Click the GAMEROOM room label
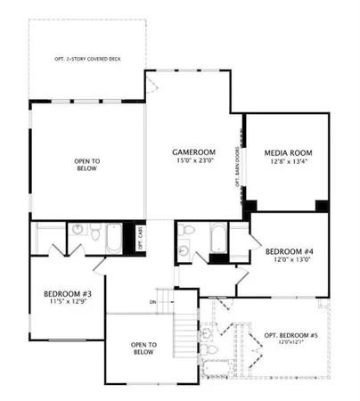[x=192, y=153]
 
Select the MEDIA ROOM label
[x=288, y=153]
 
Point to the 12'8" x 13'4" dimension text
[x=288, y=164]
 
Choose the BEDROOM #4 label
[x=290, y=252]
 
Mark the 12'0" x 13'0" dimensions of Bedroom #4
[x=290, y=262]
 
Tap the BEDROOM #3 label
[x=67, y=293]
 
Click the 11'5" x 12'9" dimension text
[x=67, y=303]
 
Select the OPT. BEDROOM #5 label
[x=290, y=335]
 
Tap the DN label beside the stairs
[x=153, y=302]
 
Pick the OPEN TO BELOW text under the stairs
[x=144, y=348]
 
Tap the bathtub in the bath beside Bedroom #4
[x=217, y=238]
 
